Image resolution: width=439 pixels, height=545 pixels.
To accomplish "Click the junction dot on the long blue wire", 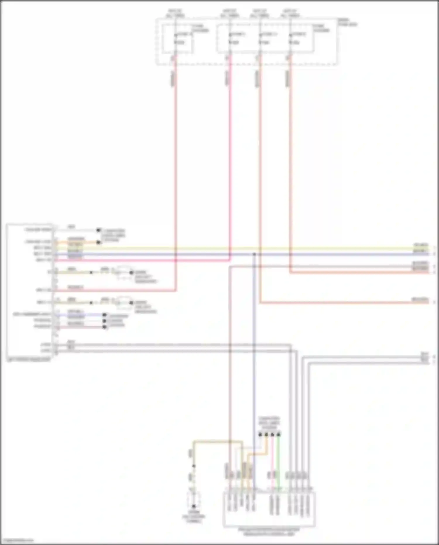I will click(254, 254).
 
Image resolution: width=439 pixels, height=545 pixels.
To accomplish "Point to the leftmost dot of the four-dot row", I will click(260, 435).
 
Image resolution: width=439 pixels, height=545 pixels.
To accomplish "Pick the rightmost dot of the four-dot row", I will click(279, 435).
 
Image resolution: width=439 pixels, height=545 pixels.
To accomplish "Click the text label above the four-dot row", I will click(269, 423).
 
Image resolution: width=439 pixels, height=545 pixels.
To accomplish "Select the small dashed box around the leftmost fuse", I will click(177, 39).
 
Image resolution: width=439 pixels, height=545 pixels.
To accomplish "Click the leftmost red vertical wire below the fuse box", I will click(176, 176).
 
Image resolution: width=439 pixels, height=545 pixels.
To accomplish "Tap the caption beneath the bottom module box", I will click(269, 532).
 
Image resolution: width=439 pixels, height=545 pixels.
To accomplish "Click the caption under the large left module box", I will click(28, 360).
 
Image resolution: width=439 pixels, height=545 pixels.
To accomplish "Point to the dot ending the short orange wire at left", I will click(99, 242).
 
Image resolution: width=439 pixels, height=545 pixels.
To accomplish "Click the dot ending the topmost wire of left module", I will click(99, 230).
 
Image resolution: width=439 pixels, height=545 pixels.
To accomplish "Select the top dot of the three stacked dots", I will click(104, 315).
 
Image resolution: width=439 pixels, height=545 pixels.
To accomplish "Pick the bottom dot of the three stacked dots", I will click(104, 327).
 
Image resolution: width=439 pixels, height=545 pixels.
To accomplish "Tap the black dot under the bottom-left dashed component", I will click(193, 506).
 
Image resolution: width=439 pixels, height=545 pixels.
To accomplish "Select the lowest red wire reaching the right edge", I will click(351, 303).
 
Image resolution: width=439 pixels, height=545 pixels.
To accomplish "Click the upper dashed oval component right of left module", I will click(124, 272).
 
